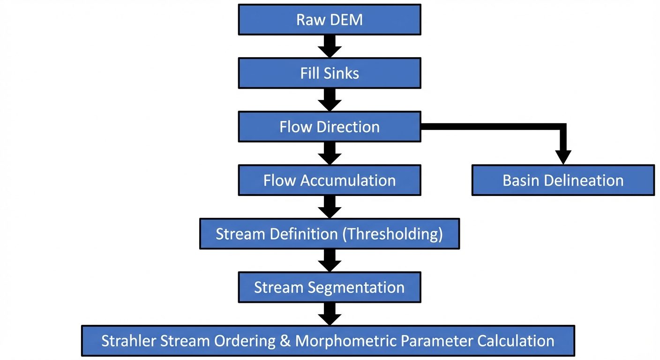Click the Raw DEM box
330,20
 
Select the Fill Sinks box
330,73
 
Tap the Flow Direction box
330,127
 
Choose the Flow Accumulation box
330,180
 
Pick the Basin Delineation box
562,180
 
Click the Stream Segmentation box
330,287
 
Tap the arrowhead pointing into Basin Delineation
562,157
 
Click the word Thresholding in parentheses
393,234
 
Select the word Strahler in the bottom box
128,341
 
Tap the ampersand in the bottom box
285,341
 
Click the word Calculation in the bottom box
516,341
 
